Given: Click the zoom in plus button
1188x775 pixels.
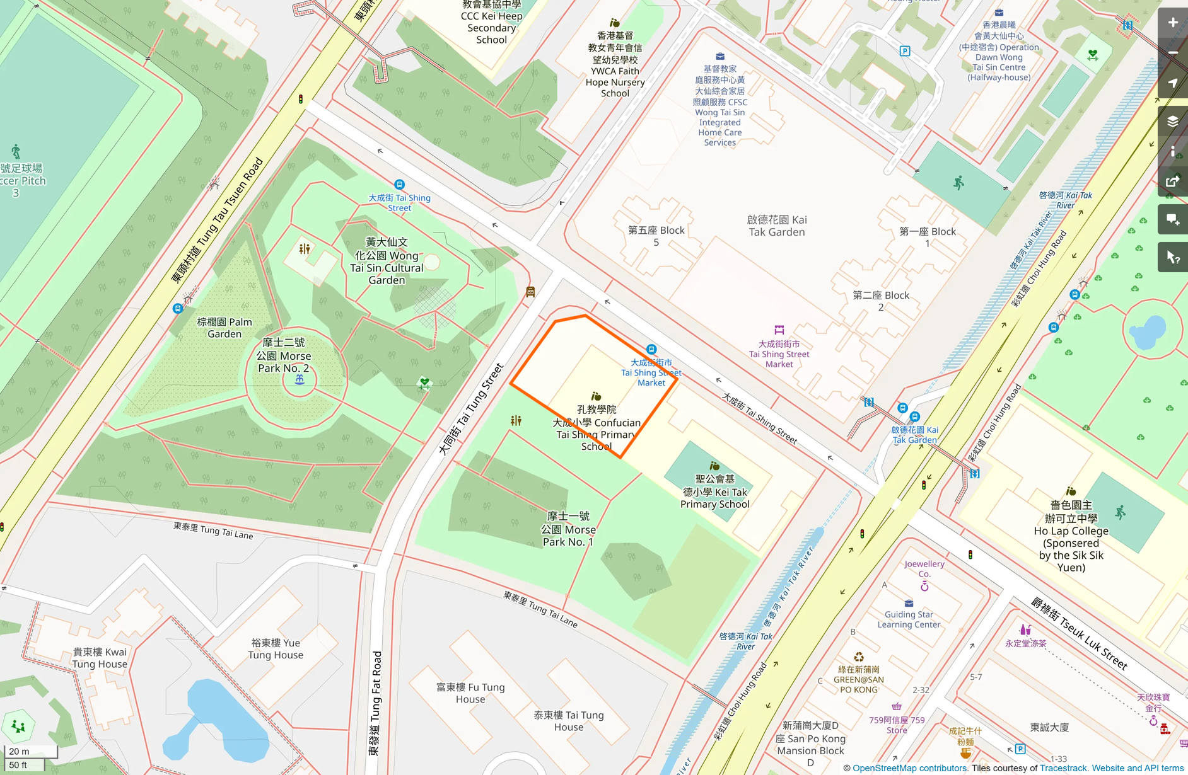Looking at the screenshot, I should (1172, 23).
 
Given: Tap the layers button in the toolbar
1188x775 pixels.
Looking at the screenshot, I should (1172, 122).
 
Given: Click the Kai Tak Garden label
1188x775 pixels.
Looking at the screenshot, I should (776, 226).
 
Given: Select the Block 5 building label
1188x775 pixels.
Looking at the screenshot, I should (656, 236).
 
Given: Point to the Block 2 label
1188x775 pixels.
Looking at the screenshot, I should (880, 301).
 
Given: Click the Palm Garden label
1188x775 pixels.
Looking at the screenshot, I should (224, 328).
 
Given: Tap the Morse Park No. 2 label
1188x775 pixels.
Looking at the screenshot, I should (283, 355).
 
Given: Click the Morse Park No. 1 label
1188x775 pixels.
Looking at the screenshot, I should (568, 529).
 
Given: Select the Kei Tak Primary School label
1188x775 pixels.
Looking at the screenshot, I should (714, 491).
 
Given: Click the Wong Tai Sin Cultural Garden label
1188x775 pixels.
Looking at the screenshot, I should (387, 261).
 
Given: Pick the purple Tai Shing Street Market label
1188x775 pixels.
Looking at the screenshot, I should (779, 353).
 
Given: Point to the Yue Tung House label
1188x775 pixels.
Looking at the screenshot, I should (276, 648).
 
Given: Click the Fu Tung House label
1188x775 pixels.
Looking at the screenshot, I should (470, 692).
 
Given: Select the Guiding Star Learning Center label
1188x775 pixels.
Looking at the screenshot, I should (909, 619).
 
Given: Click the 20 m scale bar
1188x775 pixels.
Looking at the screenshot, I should (30, 751).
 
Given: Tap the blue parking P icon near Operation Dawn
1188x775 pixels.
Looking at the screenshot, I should (905, 51).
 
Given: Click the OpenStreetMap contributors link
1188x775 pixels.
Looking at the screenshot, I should (909, 768).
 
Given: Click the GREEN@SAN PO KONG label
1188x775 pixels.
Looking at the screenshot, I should (858, 679).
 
